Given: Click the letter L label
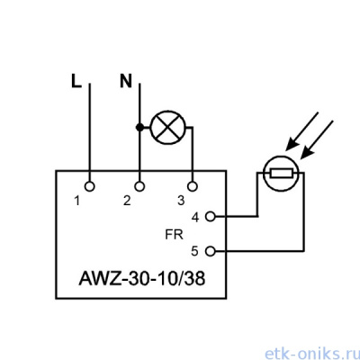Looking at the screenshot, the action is tap(76, 81).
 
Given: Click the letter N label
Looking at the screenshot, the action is tap(126, 81).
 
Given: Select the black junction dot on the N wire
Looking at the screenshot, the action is tap(139, 128).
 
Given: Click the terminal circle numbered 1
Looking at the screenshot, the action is tap(89, 186).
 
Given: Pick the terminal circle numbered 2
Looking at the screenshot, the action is tap(139, 186).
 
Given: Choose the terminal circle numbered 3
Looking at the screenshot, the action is tap(193, 186).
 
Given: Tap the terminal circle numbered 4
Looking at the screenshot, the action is tap(211, 216).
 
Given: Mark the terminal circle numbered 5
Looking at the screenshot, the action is tap(211, 251).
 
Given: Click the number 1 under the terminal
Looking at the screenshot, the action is tap(77, 201).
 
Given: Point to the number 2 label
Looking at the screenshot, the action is tap(127, 201).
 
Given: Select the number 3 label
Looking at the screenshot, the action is tap(181, 201).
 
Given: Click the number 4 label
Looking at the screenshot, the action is tap(195, 217).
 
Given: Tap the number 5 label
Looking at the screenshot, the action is tap(195, 251).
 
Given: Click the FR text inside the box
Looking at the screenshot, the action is tap(174, 234).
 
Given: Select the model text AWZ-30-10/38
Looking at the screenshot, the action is tap(142, 278).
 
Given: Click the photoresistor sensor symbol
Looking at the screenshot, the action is tap(281, 174).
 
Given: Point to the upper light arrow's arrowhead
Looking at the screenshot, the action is tap(292, 144).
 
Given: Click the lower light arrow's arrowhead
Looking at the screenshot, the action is tap(307, 153).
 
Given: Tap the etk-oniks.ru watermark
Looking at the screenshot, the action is tap(312, 354).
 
